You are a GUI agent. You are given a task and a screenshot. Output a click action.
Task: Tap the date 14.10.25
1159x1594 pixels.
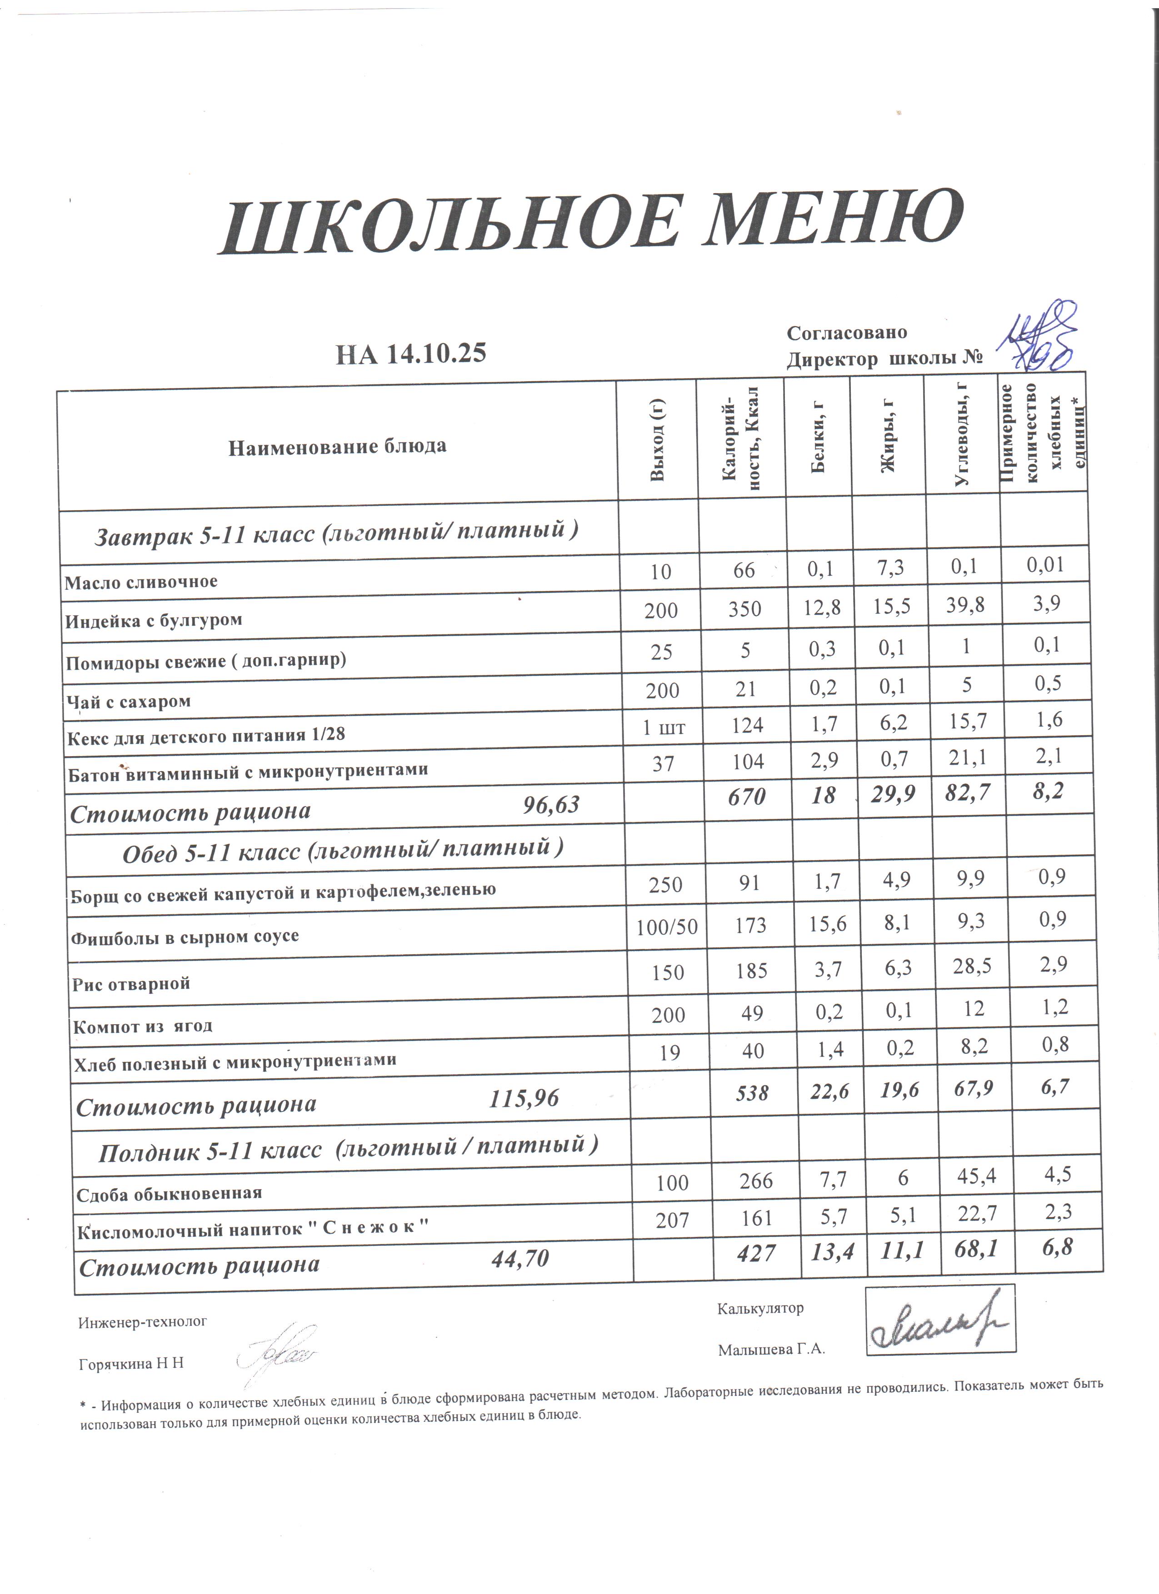436,353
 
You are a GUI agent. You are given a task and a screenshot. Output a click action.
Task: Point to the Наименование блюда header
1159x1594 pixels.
337,446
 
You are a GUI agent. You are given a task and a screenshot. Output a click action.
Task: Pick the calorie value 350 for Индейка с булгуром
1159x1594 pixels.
745,608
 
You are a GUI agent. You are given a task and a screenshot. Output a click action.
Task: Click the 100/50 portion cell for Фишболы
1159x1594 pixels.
666,927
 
